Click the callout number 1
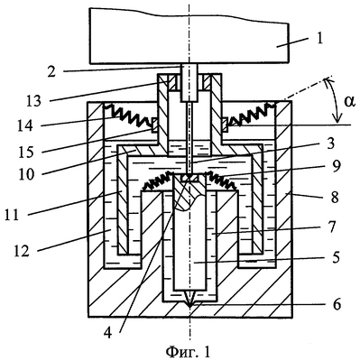tap(319, 39)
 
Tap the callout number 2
tap(51, 71)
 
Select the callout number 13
tap(33, 101)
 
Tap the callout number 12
tap(22, 250)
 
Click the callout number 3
tap(330, 144)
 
